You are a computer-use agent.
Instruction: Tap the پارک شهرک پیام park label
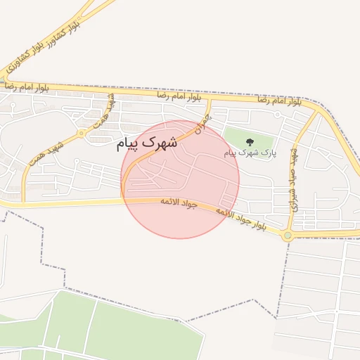coord(250,152)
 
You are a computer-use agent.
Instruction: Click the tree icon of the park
coord(250,142)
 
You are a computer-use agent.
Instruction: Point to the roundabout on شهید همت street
coord(82,132)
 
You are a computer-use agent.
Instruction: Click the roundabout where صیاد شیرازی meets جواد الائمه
coord(287,236)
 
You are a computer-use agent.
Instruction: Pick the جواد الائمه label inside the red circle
coord(180,205)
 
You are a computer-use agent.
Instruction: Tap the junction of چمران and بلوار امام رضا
coord(209,99)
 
